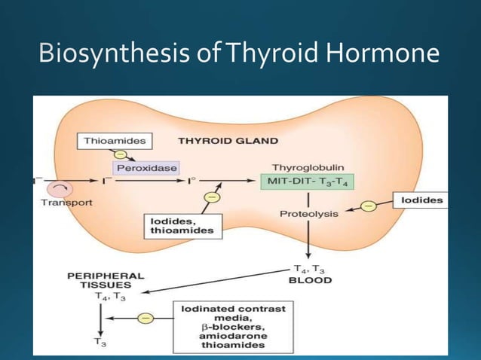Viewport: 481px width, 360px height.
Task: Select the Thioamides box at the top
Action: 115,140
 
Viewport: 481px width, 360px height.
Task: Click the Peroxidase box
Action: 146,168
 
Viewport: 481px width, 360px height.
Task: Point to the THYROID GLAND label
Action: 228,140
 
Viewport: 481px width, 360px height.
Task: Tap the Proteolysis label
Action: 309,214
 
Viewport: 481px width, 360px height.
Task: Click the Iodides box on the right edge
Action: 419,200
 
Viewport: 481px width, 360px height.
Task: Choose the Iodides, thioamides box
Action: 182,225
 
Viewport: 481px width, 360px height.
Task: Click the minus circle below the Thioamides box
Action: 120,154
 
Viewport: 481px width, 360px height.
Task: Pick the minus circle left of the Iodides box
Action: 369,204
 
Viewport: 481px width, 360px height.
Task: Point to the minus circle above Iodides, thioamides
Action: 212,197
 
